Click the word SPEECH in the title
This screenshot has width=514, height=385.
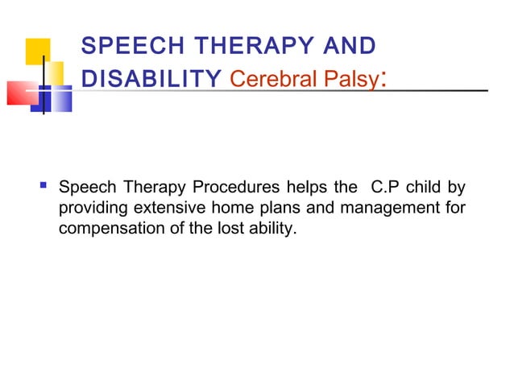pyautogui.click(x=122, y=47)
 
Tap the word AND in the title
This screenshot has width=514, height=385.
pyautogui.click(x=347, y=47)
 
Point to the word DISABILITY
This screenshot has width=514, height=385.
pyautogui.click(x=152, y=79)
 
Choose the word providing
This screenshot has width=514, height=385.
pyautogui.click(x=89, y=211)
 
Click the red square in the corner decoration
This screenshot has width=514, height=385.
pyautogui.click(x=21, y=93)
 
